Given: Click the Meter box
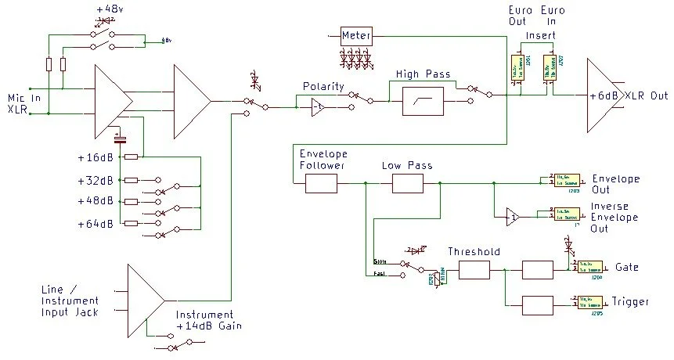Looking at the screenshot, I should pyautogui.click(x=356, y=36).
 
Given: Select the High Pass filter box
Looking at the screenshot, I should pyautogui.click(x=423, y=102).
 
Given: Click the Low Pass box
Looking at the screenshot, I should pyautogui.click(x=407, y=184).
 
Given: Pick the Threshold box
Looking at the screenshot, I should pyautogui.click(x=474, y=271).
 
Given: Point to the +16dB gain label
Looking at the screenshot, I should pyautogui.click(x=96, y=157).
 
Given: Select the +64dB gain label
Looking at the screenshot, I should pyautogui.click(x=96, y=225).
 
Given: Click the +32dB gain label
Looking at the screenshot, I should pyautogui.click(x=96, y=180).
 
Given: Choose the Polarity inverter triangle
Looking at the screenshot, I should pyautogui.click(x=317, y=108).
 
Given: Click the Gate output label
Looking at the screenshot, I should pyautogui.click(x=627, y=268).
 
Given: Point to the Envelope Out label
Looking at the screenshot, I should pyautogui.click(x=615, y=184).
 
